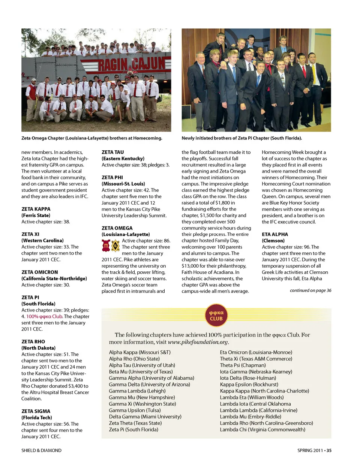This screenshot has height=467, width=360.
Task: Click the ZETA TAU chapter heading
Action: point(112,152)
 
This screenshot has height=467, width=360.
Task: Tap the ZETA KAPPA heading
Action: point(36,209)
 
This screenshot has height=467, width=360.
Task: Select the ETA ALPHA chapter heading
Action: point(274,234)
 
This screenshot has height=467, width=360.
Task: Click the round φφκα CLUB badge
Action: point(216,316)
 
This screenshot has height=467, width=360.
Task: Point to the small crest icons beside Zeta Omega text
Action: point(111,246)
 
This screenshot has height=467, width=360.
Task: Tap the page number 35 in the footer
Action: point(329,451)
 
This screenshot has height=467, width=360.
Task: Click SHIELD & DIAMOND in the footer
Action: point(41,451)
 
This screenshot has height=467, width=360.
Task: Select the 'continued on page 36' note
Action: point(310,290)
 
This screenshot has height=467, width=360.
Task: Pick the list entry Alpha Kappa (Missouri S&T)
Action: point(139,352)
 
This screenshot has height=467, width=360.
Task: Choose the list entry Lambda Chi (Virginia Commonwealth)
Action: point(262,430)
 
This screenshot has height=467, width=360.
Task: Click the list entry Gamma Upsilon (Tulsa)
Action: point(135,410)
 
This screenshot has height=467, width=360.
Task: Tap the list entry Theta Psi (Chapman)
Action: point(243,365)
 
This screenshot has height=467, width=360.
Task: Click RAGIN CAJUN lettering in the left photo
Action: point(131,64)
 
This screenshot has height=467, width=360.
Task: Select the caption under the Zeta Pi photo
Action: point(241,138)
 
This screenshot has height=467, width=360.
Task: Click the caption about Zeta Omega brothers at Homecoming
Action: point(91,138)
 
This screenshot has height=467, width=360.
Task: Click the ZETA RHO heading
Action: point(33,342)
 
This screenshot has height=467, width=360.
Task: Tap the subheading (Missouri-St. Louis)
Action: point(123,184)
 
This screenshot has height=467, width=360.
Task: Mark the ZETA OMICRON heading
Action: point(39,272)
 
